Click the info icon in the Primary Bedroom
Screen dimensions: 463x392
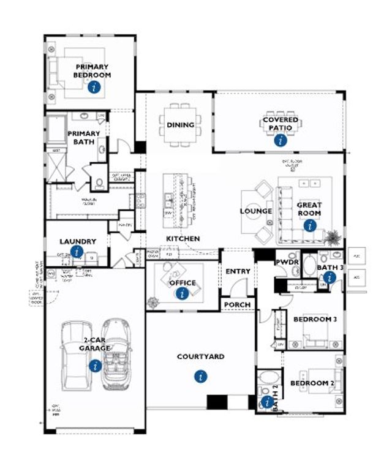point(94,87)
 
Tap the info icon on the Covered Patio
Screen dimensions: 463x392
point(281,140)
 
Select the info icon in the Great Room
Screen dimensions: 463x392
point(311,225)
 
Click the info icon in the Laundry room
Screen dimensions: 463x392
point(77,251)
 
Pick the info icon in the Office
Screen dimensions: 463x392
point(182,294)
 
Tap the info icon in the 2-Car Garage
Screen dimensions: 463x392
point(94,366)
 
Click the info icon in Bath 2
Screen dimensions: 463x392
point(267,402)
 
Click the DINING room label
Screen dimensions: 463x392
point(180,125)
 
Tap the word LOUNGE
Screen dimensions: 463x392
point(256,211)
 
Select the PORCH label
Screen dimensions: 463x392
point(237,304)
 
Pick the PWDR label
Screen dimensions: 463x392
point(286,262)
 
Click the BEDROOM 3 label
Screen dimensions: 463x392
point(315,319)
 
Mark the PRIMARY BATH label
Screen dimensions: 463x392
point(83,138)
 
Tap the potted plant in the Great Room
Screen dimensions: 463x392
point(333,236)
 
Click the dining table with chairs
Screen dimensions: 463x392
point(180,125)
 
